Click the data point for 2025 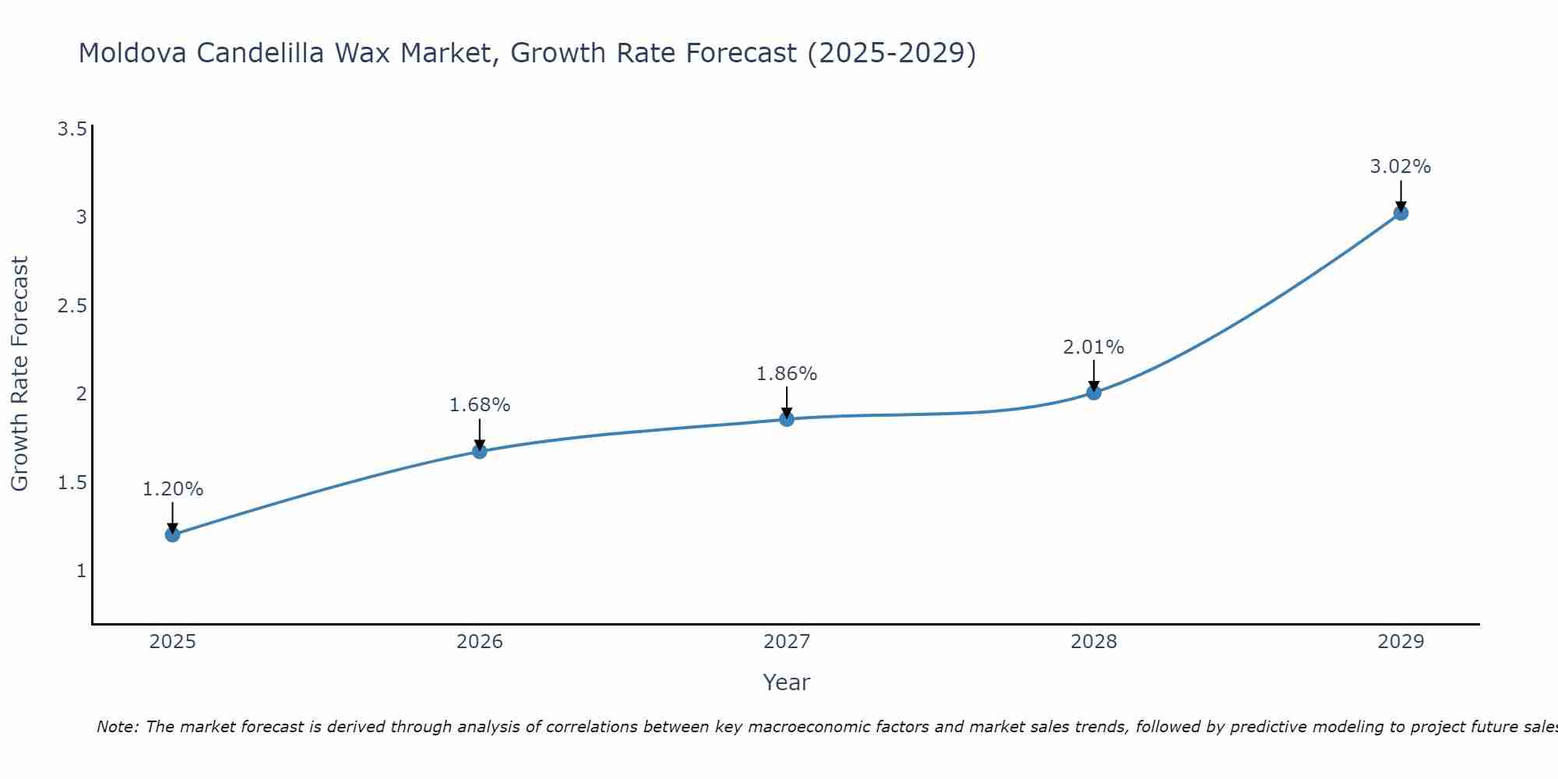tap(172, 534)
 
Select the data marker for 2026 tap(480, 451)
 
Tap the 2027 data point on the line tap(787, 419)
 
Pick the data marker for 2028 tap(1094, 393)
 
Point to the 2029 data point tap(1401, 213)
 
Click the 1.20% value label tap(172, 489)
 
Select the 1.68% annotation tap(480, 405)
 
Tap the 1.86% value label tap(787, 374)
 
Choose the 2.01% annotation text tap(1094, 347)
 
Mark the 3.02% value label tap(1401, 167)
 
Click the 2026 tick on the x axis tap(480, 642)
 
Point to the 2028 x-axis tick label tap(1094, 642)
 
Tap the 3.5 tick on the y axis tap(72, 129)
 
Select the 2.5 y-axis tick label tap(72, 305)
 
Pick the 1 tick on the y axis tap(81, 571)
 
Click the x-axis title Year tap(787, 682)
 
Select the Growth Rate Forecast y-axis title tap(19, 374)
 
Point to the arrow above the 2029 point tap(1401, 195)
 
